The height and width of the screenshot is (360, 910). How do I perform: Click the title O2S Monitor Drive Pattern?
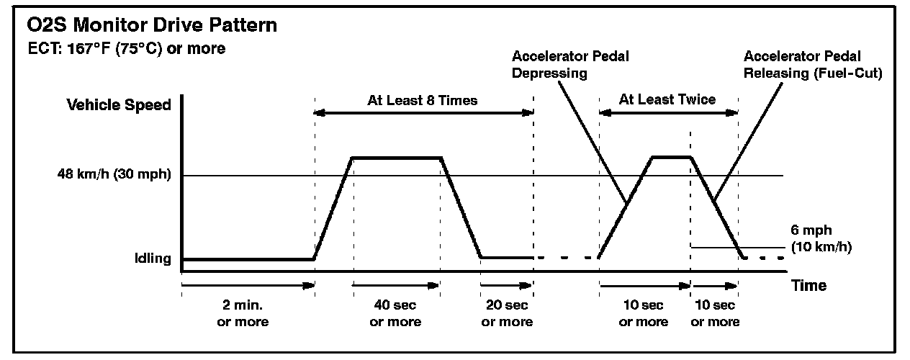tap(150, 26)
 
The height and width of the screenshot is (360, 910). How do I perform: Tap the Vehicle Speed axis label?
tap(119, 105)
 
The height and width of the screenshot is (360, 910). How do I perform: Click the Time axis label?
tap(808, 286)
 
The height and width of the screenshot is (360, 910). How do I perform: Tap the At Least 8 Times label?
tap(423, 100)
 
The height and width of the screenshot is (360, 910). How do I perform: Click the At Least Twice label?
tap(668, 99)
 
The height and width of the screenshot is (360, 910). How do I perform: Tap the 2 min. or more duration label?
tap(243, 313)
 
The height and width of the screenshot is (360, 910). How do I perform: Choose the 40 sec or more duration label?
tap(395, 313)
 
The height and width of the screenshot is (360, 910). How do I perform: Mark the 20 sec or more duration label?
tap(507, 313)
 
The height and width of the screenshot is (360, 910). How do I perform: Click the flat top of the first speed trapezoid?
tap(396, 157)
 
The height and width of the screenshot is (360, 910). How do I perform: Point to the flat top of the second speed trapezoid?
tap(671, 156)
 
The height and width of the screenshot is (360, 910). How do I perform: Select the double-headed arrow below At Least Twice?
tap(668, 112)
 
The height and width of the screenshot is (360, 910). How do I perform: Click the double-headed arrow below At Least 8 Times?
tap(423, 112)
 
